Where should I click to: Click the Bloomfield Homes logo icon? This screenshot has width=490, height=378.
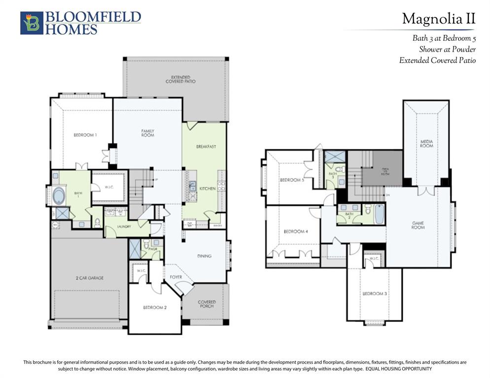coord(32,23)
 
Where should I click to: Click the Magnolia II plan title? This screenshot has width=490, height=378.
coord(438,19)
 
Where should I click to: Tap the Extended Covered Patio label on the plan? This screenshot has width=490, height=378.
coord(180,79)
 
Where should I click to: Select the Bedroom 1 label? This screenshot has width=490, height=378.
coord(85,135)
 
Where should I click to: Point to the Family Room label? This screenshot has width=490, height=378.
coord(147,133)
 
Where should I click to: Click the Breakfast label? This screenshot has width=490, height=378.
coord(206,147)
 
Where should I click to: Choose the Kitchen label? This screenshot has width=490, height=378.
coord(207,189)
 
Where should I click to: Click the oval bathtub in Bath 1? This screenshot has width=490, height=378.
coord(59,195)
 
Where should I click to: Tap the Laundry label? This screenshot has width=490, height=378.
coord(124,226)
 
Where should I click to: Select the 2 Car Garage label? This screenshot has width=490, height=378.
coord(89,278)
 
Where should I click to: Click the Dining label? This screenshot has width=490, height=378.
coord(204,256)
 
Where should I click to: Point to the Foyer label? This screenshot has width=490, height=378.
coord(176,277)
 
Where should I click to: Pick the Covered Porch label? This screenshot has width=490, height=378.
coord(207,304)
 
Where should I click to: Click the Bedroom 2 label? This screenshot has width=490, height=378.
coord(155,308)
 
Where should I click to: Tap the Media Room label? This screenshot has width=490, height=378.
coord(426,144)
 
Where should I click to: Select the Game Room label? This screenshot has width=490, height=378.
coord(418,225)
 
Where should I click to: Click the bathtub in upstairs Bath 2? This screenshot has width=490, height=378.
coord(379,214)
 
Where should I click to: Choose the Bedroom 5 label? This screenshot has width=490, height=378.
coord(292,180)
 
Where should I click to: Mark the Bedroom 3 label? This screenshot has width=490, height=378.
coord(374,294)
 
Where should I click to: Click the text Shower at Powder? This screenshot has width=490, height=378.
coord(447,49)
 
